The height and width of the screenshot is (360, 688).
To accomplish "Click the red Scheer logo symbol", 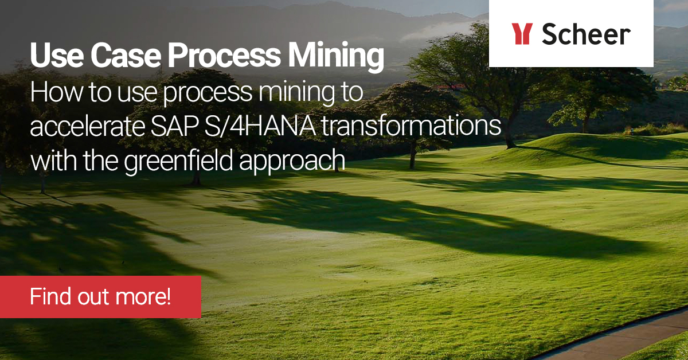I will coord(522,34).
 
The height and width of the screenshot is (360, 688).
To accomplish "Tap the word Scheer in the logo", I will coord(586,34).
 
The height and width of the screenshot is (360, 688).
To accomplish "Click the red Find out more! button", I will coord(100,297).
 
